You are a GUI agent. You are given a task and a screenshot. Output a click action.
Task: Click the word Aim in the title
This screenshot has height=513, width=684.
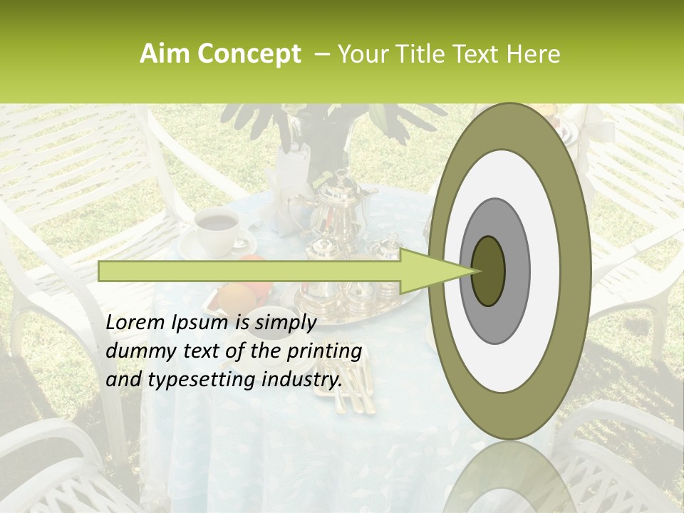(164, 54)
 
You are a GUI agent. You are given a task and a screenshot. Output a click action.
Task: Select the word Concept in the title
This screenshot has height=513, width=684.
(248, 54)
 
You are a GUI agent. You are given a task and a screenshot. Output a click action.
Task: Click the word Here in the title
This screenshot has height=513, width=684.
(533, 54)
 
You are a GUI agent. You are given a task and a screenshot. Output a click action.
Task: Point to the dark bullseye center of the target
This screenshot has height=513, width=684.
(488, 271)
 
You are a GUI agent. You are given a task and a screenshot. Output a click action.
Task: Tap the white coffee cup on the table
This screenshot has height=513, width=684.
(216, 229)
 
